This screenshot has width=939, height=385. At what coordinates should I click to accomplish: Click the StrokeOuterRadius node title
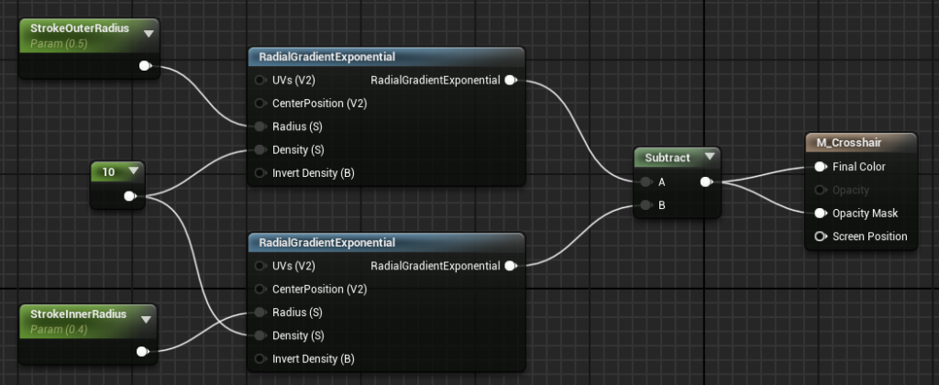coord(80,28)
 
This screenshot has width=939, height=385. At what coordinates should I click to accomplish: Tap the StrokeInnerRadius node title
coord(79,314)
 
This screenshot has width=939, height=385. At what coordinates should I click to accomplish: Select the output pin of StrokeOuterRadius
coord(145,66)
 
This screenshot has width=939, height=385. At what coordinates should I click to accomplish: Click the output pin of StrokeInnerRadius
coord(142,351)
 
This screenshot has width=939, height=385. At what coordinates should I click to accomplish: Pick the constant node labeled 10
coord(117,185)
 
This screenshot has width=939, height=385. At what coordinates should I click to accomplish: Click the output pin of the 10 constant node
coord(130,196)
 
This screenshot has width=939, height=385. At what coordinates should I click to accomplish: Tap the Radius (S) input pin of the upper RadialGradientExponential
coord(260,126)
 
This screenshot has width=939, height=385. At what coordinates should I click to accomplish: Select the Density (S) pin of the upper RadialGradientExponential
coord(260,149)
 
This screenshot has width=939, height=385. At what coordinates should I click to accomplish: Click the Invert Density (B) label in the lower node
coord(314,358)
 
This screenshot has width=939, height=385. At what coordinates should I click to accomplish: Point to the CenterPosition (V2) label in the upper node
coord(320,103)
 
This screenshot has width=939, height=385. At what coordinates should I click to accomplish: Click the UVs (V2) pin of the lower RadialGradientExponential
coord(260,266)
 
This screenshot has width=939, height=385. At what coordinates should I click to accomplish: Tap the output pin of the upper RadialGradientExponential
coord(511,81)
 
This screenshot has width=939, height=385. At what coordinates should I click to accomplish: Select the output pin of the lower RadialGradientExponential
coord(511,266)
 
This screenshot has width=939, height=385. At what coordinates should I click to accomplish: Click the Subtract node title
coord(668,158)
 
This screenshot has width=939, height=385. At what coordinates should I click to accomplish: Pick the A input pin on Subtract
coord(646,182)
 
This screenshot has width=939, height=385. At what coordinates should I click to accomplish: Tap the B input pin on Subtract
coord(646,205)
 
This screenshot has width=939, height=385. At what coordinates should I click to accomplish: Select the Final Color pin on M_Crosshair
coord(821,167)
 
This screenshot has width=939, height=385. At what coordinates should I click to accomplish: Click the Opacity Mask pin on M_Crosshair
coord(821,214)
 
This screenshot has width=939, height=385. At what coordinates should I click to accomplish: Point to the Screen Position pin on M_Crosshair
coord(821,236)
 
